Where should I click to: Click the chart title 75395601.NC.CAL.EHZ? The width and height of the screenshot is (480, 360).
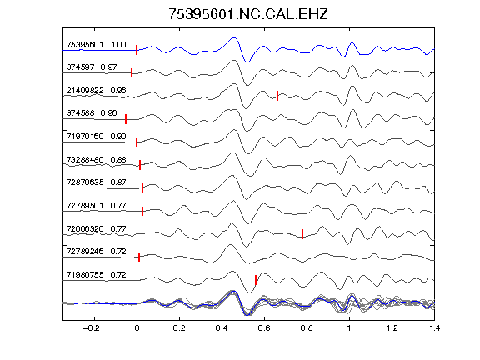(248, 14)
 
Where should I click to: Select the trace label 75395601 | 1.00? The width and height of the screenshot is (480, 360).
(96, 45)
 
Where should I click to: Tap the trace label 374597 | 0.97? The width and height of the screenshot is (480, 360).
(92, 67)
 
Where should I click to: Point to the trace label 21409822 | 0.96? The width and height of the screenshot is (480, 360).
(96, 91)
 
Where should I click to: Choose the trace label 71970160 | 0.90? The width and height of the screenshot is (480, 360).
(96, 136)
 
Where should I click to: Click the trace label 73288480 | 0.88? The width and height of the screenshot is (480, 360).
(96, 160)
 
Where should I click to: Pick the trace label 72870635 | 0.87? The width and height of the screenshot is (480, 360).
(96, 182)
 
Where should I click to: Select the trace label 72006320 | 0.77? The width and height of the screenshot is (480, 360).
(96, 229)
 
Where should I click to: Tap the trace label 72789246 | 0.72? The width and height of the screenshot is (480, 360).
(96, 252)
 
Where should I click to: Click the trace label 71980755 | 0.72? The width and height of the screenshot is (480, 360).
(96, 275)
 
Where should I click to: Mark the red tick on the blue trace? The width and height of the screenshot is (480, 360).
(137, 50)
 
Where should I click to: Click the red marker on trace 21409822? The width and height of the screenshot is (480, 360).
(277, 96)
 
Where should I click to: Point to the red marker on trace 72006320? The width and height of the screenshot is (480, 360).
(302, 234)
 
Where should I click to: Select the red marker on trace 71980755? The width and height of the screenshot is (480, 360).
(256, 280)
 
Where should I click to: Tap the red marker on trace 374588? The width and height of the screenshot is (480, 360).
(126, 119)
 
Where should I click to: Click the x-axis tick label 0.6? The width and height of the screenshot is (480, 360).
(264, 328)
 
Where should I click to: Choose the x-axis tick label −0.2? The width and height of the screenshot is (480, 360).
(92, 328)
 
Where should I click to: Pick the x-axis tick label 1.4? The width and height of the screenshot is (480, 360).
(435, 328)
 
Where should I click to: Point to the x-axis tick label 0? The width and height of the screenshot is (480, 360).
(137, 328)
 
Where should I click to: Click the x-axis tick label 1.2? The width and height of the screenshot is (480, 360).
(392, 328)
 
